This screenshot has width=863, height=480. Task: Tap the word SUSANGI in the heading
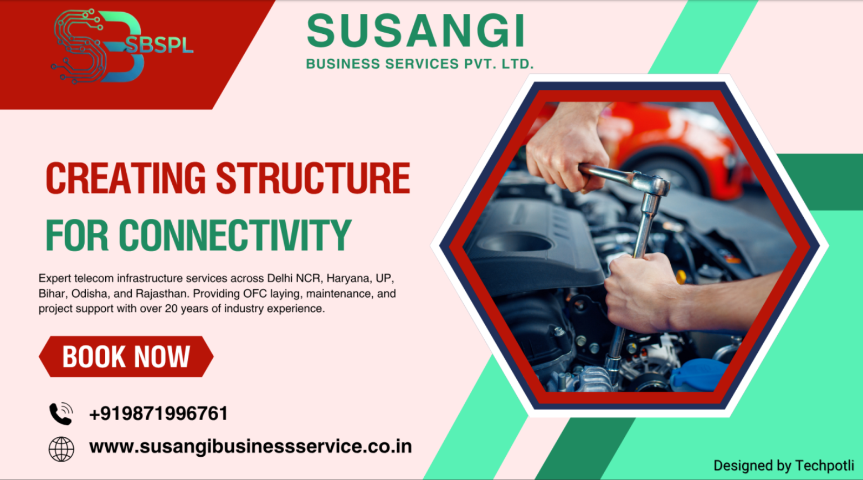[415, 32]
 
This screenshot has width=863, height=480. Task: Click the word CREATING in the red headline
[126, 178]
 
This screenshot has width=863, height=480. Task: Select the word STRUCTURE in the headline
[313, 178]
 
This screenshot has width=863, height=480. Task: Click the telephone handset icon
[61, 413]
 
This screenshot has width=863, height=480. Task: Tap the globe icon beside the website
[61, 448]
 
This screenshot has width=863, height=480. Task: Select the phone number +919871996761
[158, 413]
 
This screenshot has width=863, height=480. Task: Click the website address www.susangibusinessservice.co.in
[250, 447]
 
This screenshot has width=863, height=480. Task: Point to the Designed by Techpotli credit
[783, 466]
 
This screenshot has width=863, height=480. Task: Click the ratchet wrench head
[654, 186]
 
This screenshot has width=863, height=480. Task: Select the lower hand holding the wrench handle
[643, 291]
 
